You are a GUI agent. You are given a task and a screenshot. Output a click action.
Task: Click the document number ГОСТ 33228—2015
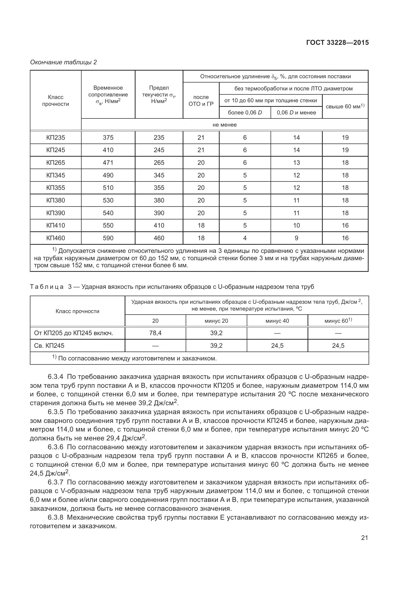coord(337,43)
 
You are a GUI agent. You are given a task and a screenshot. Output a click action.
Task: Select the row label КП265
coord(56,163)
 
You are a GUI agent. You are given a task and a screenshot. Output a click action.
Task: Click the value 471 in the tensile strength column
coord(108,163)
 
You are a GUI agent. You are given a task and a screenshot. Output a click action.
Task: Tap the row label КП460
coord(56,238)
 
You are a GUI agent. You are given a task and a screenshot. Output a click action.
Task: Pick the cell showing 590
coord(108,238)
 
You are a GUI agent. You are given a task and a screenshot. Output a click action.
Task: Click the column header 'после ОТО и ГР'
coord(201,100)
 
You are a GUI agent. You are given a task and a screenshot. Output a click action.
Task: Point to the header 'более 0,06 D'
coord(245,113)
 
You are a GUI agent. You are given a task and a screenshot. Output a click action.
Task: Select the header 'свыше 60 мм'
coord(345,107)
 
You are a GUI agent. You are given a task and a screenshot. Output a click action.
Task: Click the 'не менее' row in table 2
coord(224,125)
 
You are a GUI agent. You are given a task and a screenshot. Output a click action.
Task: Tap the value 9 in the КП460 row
coord(296,238)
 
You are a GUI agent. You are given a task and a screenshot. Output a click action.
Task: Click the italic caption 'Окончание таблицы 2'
coord(64,63)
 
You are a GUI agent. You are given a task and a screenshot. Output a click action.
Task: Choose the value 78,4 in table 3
coord(155,333)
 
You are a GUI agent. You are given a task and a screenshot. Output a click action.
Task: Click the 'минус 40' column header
coord(277,321)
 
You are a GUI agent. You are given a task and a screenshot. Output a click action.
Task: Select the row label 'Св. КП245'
coord(49,346)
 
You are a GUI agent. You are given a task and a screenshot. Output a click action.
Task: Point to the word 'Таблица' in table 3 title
coord(47,287)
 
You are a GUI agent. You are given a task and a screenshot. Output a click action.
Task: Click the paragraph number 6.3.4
coord(55,377)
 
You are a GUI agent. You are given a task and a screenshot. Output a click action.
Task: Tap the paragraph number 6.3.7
coord(55,482)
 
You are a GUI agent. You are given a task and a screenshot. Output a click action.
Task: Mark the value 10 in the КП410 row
coord(296,226)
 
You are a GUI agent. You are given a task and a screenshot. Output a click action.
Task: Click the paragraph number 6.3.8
coord(55,518)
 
